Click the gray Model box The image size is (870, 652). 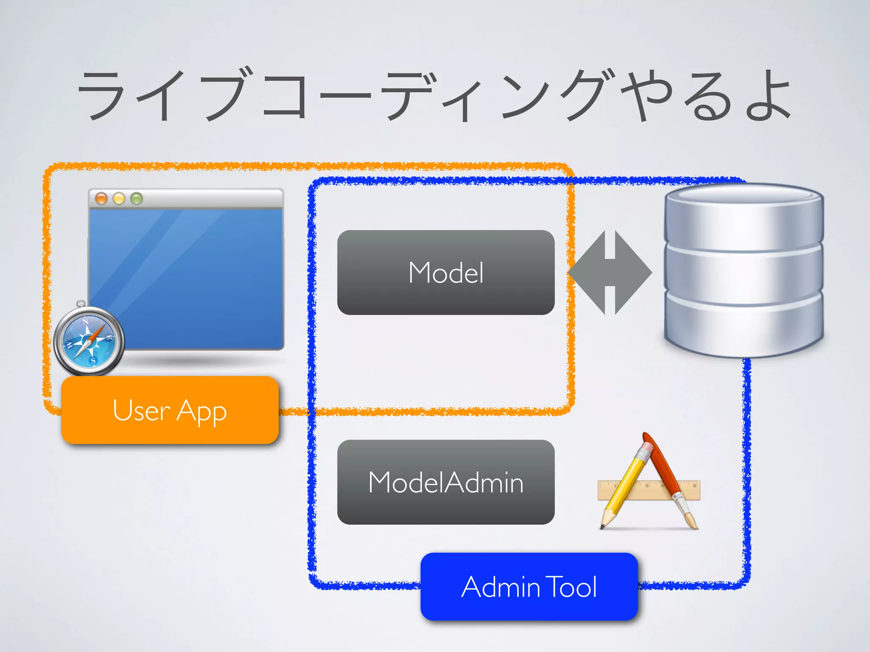pyautogui.click(x=446, y=273)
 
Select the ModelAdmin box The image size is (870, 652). pyautogui.click(x=446, y=482)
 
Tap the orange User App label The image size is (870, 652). pyautogui.click(x=169, y=410)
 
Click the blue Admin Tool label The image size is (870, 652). pyautogui.click(x=529, y=587)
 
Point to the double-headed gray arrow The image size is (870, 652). pyautogui.click(x=610, y=273)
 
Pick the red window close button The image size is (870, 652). pyautogui.click(x=101, y=198)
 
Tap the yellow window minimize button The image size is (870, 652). pyautogui.click(x=119, y=198)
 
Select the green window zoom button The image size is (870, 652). pyautogui.click(x=136, y=198)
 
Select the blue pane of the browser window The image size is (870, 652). pyautogui.click(x=200, y=276)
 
